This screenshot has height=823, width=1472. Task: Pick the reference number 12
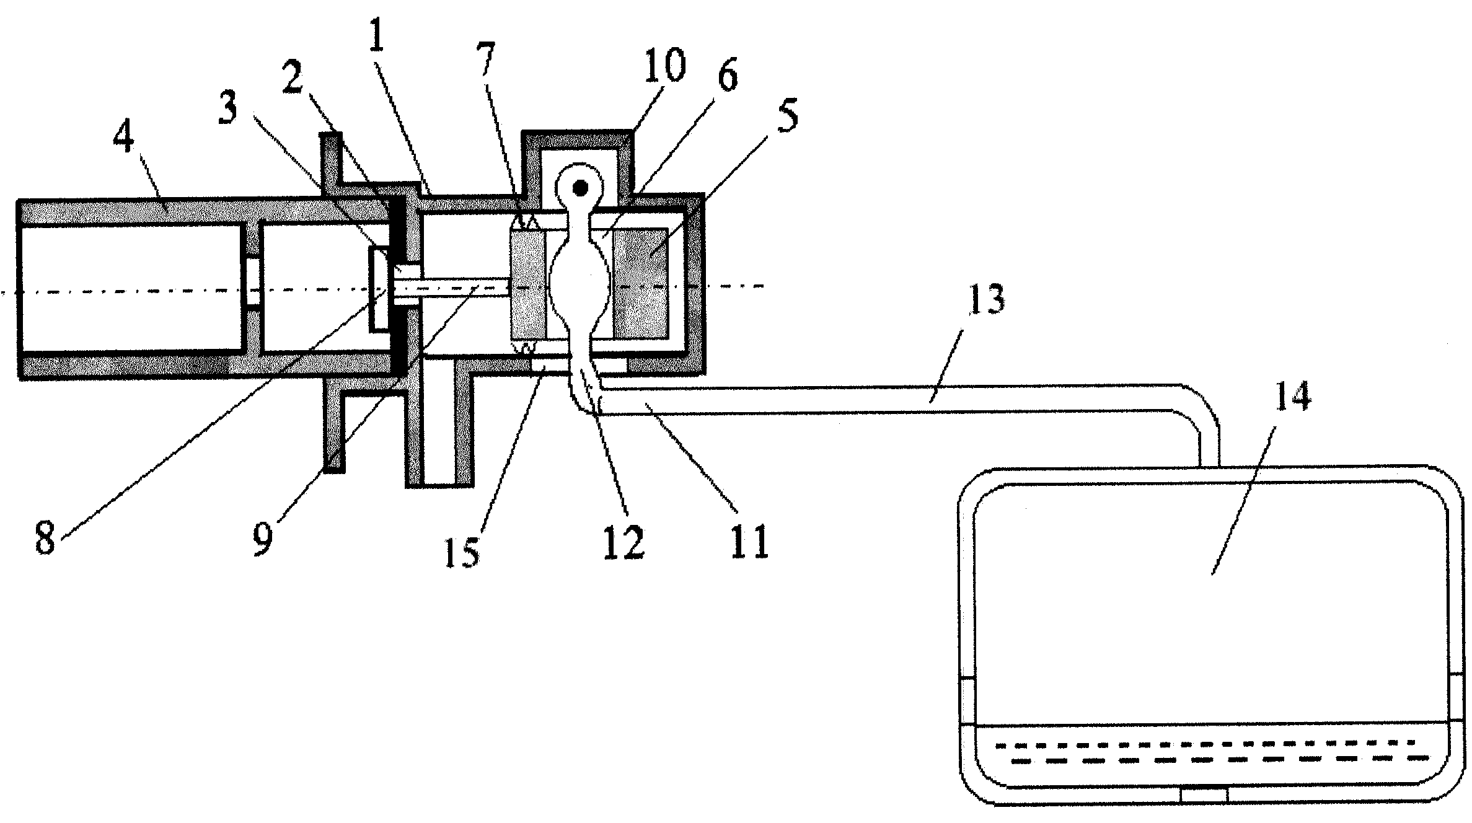[625, 543]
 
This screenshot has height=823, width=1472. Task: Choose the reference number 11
[749, 542]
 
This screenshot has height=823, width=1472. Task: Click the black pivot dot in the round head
[580, 187]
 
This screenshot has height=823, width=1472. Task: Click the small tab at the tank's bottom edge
[1204, 794]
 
